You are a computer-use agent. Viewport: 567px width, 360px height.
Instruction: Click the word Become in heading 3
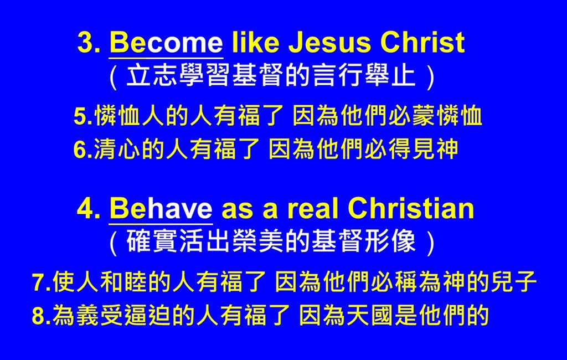(166, 42)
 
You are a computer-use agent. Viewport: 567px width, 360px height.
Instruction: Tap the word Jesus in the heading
(330, 42)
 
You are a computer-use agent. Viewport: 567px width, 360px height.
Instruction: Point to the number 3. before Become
(89, 43)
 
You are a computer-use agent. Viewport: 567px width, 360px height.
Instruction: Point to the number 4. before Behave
(89, 209)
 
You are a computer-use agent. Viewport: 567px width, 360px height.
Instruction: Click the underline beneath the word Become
(166, 58)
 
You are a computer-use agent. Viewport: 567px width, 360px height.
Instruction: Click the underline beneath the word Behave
(161, 224)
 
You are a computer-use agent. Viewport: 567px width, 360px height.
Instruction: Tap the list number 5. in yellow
(84, 116)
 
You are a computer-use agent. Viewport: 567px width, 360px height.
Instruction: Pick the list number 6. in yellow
(84, 149)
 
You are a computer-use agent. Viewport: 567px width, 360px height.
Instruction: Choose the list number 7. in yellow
(42, 282)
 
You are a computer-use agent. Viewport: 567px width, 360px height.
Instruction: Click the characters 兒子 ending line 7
(513, 282)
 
